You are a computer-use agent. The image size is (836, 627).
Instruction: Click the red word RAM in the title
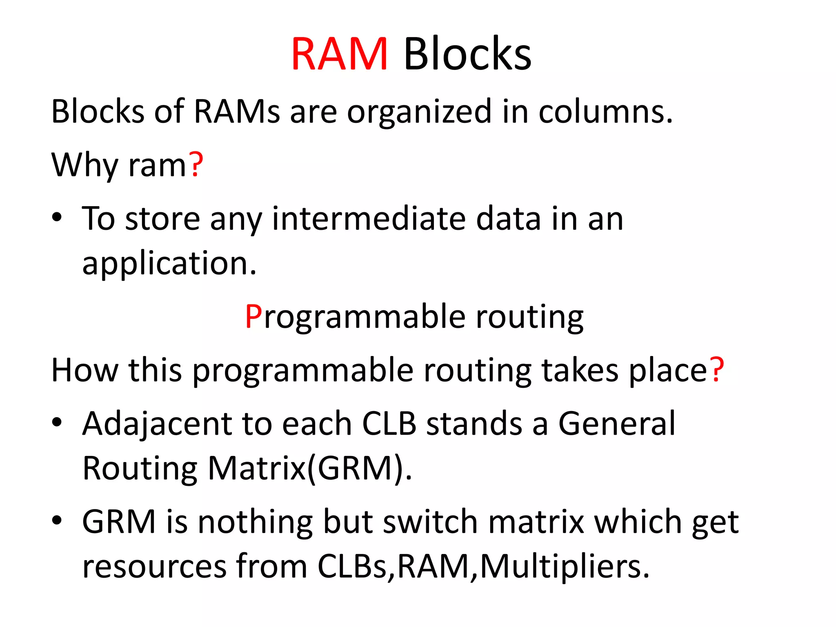coord(339,54)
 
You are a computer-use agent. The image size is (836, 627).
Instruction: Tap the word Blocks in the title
coord(467,54)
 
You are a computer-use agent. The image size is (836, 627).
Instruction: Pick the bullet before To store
coord(57,217)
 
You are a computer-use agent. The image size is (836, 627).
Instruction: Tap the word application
coord(169,264)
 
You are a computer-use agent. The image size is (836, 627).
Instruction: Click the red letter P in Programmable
coord(253,317)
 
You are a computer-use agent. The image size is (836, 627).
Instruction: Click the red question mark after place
coord(717,369)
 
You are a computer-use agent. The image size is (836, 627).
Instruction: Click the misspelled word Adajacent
coord(157,425)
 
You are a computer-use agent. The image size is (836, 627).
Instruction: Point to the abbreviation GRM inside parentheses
coord(355,468)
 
